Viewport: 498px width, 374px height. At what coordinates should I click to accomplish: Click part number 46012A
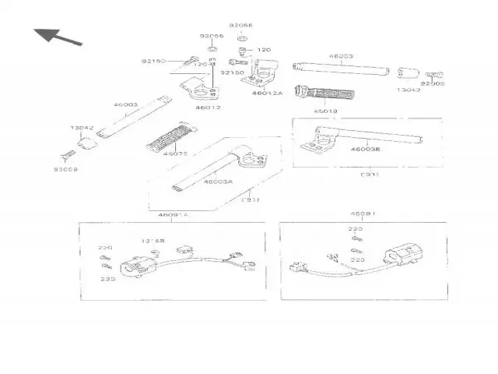266,93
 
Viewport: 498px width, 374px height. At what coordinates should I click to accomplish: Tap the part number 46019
325,111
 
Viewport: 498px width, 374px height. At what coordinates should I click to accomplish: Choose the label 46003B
365,148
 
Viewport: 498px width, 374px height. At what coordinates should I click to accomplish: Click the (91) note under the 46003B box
369,175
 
